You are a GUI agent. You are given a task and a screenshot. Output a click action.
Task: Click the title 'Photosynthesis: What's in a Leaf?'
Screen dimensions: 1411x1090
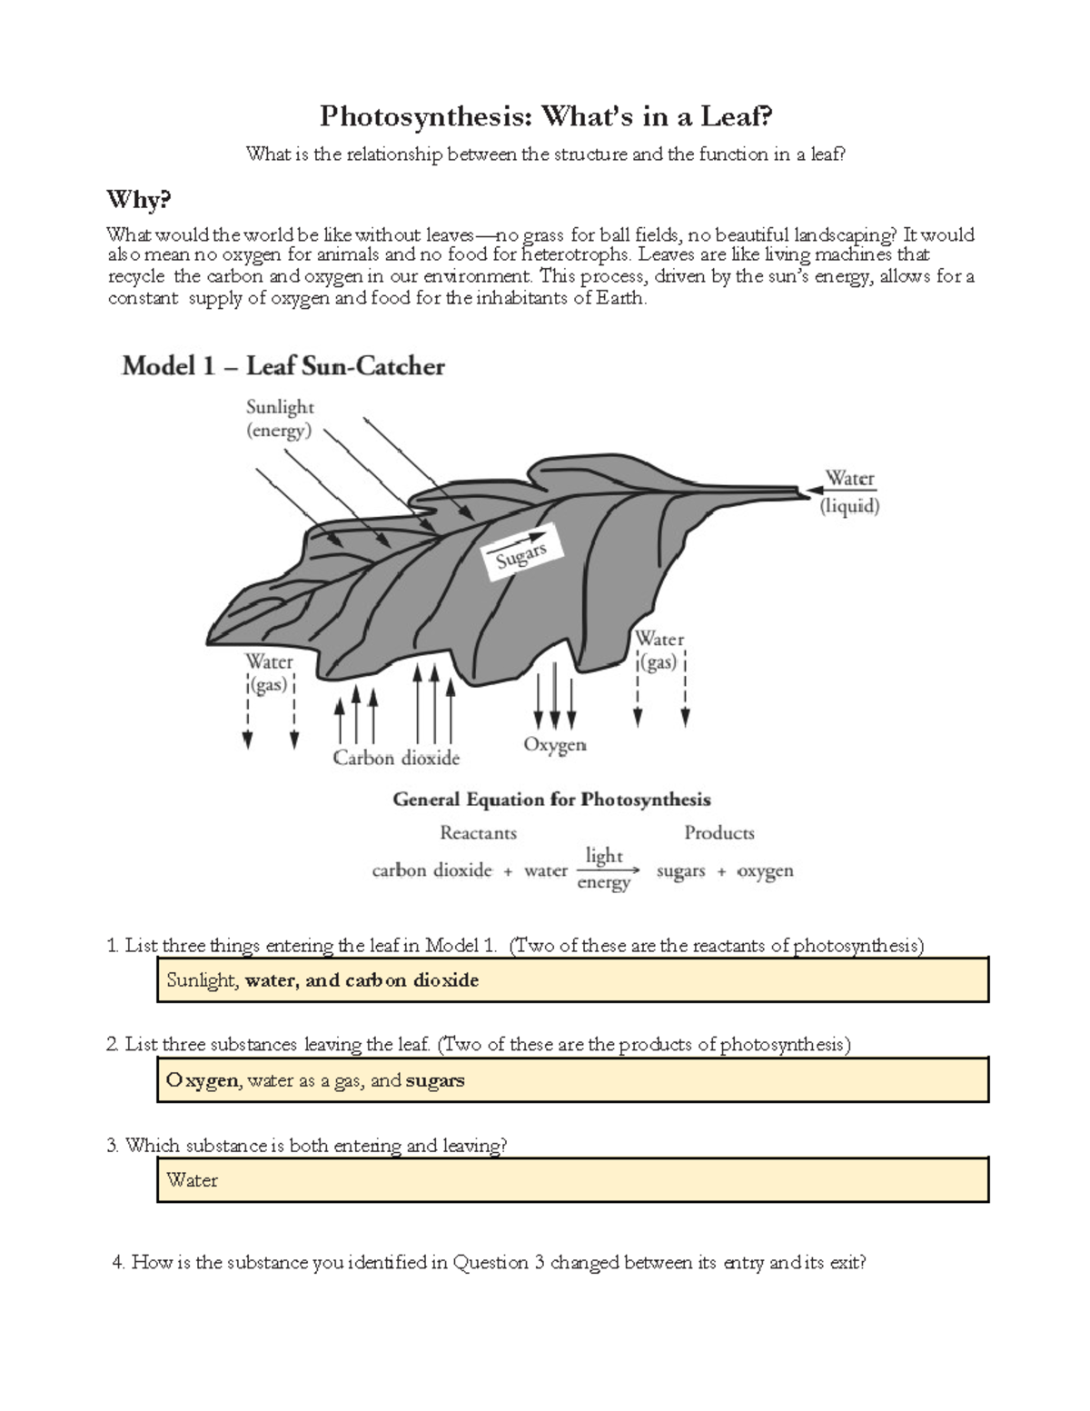[545, 116]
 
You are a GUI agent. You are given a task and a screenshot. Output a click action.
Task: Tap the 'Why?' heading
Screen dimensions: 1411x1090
[138, 199]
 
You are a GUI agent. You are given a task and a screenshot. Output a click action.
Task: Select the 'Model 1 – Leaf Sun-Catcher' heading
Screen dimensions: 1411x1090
[283, 366]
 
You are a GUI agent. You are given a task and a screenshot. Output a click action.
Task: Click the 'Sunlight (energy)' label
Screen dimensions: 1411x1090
[280, 419]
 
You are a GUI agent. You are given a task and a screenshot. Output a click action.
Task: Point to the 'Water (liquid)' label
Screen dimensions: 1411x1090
[849, 492]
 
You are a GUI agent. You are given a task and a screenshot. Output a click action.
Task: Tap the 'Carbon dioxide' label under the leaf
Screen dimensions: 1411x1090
[396, 758]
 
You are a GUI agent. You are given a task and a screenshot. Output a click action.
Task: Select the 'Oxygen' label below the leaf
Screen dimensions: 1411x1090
[554, 745]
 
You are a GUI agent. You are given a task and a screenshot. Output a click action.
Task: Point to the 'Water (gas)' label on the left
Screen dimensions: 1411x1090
[269, 673]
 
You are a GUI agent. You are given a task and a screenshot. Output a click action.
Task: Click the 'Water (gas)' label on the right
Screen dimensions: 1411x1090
[659, 651]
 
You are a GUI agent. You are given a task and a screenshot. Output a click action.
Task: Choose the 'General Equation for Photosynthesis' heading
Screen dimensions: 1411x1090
[551, 800]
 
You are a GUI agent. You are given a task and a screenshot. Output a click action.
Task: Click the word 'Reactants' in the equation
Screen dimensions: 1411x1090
[478, 832]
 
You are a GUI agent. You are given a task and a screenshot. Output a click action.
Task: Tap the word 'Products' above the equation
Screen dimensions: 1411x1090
[718, 832]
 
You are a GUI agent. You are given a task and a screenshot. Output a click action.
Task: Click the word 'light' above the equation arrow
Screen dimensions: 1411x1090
[604, 856]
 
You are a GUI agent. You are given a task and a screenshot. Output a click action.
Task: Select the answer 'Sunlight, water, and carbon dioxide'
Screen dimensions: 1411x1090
[322, 980]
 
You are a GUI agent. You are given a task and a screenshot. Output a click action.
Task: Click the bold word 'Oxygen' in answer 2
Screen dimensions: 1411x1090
[203, 1080]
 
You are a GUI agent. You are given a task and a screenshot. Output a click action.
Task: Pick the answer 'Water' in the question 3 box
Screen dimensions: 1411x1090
[193, 1180]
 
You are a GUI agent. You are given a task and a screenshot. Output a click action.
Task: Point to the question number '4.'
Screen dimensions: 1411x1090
[117, 1262]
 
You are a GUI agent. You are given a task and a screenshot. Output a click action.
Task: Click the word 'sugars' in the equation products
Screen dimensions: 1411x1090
[680, 871]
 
